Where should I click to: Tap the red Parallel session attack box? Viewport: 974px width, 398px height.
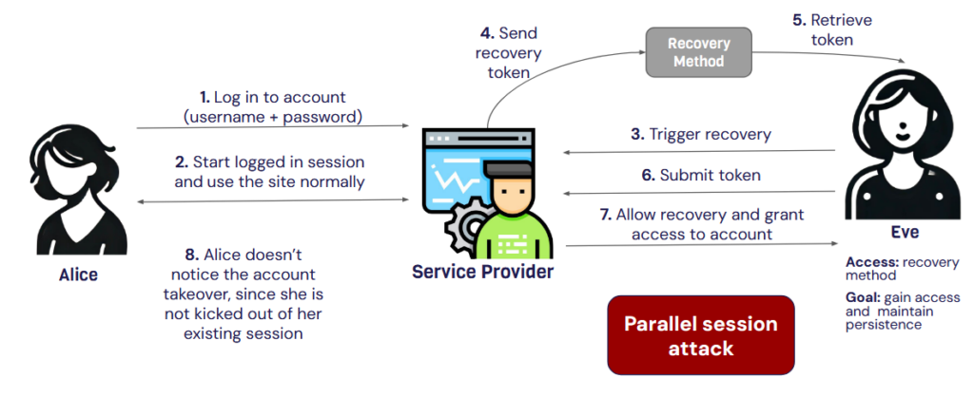tap(700, 335)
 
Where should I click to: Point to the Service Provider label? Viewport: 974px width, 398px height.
tap(482, 273)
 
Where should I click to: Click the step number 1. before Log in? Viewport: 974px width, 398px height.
tap(205, 97)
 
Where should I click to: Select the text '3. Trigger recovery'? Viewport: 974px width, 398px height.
tap(702, 134)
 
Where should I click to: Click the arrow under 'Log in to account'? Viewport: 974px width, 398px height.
tap(273, 126)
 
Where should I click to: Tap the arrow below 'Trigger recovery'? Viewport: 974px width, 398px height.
tap(698, 150)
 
